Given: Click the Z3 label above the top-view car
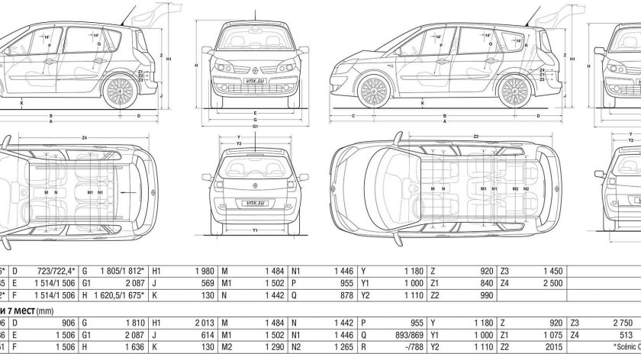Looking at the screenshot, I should pyautogui.click(x=476, y=137).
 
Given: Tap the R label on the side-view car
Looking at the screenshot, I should pyautogui.click(x=528, y=46).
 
